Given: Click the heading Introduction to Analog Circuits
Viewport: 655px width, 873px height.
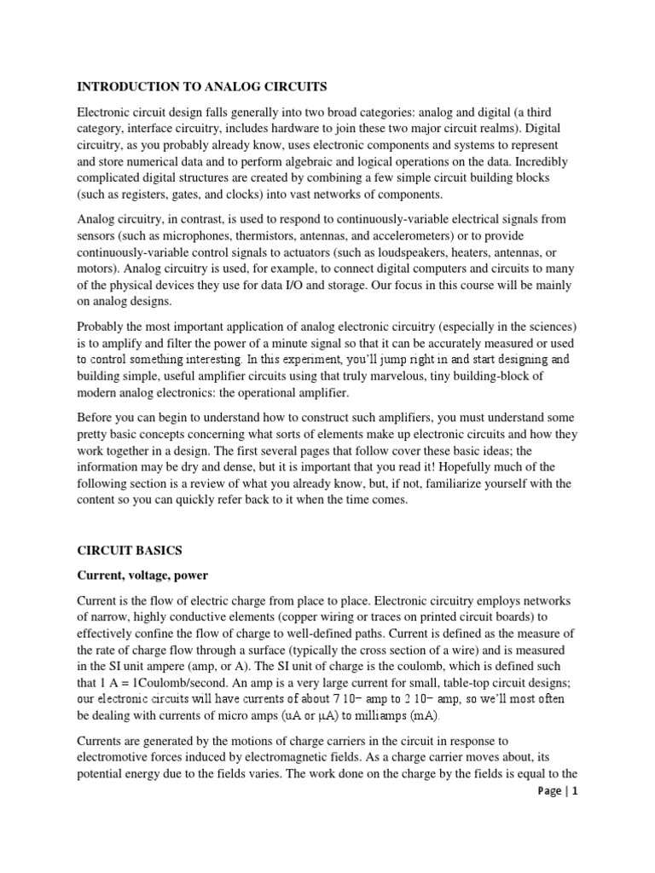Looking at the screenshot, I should point(202,86).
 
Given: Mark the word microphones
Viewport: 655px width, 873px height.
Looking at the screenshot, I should point(193,234).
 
